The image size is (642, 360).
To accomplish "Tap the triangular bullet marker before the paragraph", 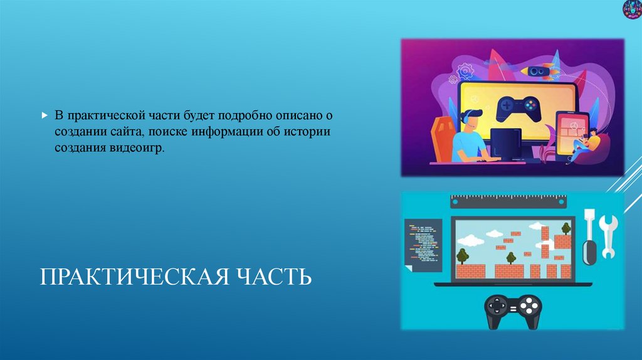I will tap(44, 116).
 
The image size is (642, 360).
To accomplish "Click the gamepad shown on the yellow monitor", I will tap(517, 109).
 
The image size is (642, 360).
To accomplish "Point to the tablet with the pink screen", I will tap(569, 133).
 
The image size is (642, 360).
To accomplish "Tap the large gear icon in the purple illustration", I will tap(465, 71).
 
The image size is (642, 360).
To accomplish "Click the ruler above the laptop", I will tap(508, 201).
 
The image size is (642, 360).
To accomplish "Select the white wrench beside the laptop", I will tap(608, 236).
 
